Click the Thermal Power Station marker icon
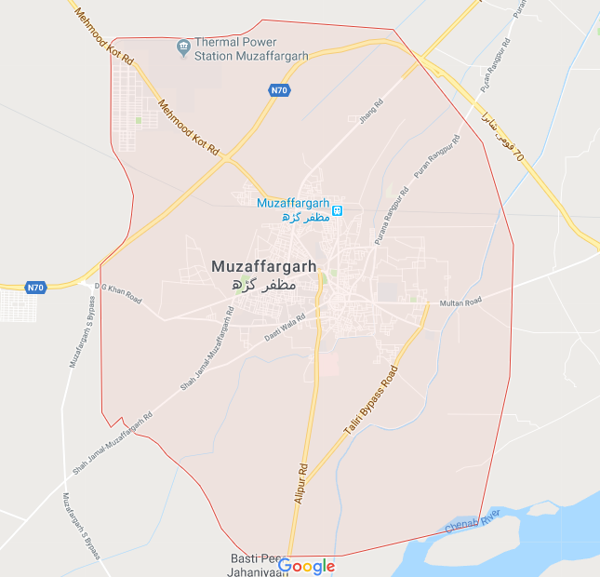[183, 45]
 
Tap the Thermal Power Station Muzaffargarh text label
[250, 50]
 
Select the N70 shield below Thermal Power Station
[279, 90]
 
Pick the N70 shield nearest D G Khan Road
[35, 288]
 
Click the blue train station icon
[338, 209]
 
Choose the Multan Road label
[461, 302]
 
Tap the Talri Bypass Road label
[370, 401]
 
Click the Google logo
[306, 565]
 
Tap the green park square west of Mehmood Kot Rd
[138, 120]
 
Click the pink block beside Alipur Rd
[332, 363]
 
